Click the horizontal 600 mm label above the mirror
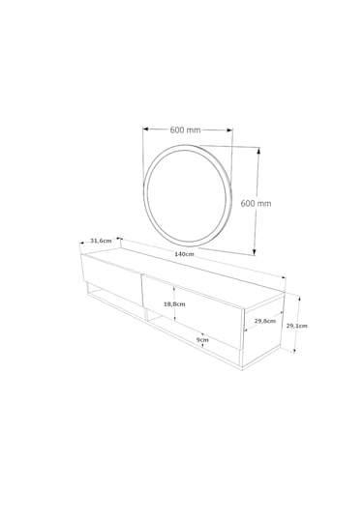click(x=185, y=129)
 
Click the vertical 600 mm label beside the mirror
click(x=256, y=204)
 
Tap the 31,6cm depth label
click(x=101, y=241)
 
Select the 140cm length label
click(x=184, y=254)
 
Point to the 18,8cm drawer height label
click(x=174, y=304)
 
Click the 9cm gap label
click(x=202, y=339)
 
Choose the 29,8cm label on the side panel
click(x=265, y=321)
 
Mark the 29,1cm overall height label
click(x=296, y=326)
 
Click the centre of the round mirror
click(x=187, y=195)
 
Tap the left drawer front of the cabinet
click(x=111, y=279)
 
